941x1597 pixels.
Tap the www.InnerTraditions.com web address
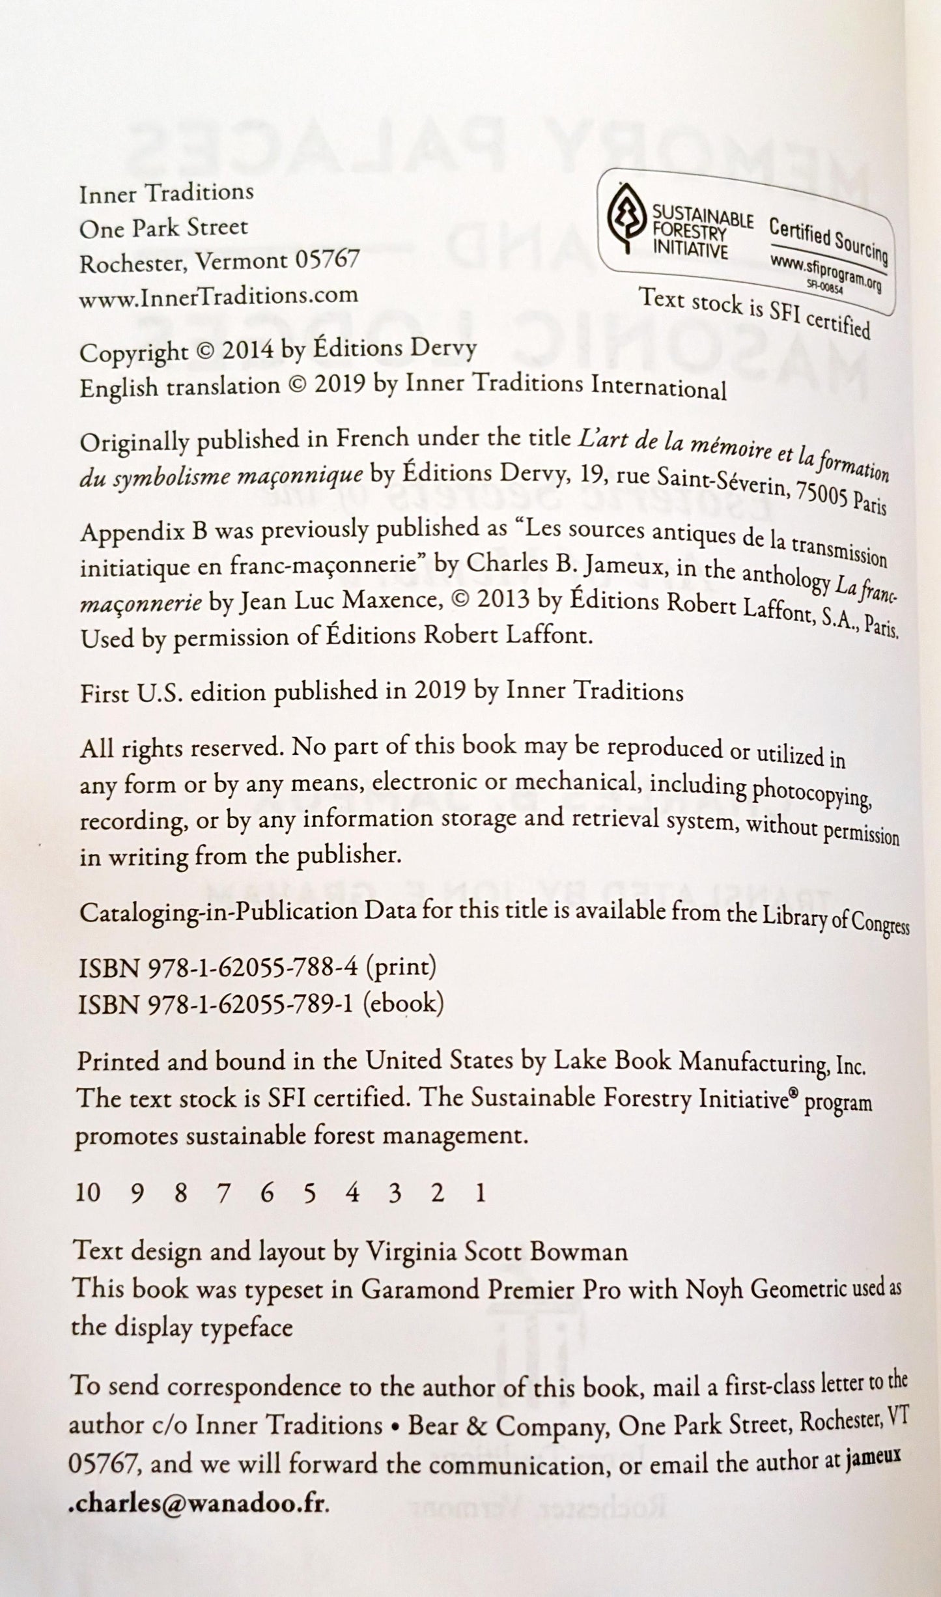(x=218, y=294)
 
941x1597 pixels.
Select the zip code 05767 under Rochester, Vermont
(x=327, y=261)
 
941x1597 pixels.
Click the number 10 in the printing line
(x=88, y=1193)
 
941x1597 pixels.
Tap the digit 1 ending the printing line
(x=481, y=1193)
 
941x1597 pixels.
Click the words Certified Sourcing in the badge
(x=828, y=240)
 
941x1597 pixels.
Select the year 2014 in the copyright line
(x=247, y=351)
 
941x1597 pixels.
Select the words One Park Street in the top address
(x=163, y=227)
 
